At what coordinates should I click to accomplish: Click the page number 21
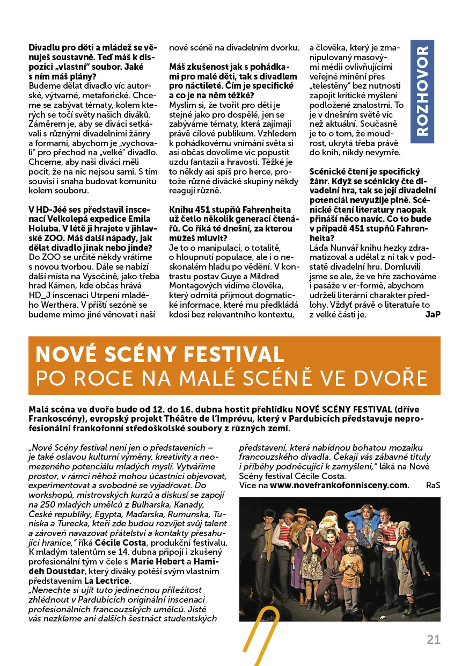click(x=434, y=639)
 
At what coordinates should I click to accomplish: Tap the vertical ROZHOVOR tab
click(x=422, y=91)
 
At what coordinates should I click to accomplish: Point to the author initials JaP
click(x=432, y=314)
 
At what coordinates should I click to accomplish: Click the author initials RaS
click(x=433, y=485)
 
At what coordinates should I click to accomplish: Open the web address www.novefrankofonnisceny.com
click(x=339, y=485)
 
